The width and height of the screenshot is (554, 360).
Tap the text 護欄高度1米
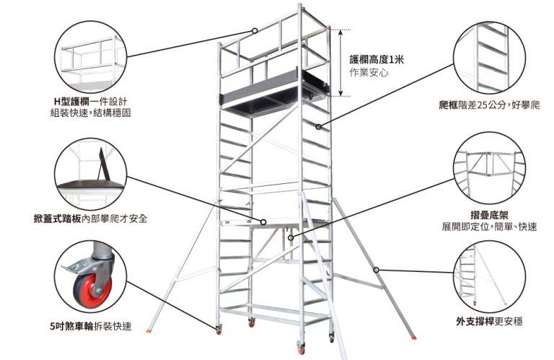(377, 60)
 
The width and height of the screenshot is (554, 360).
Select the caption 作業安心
(369, 73)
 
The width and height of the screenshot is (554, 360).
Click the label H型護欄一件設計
(90, 101)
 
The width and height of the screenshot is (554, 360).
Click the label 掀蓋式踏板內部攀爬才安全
(90, 217)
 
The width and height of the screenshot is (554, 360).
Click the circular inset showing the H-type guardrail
(90, 56)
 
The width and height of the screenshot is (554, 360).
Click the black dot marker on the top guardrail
(255, 30)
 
